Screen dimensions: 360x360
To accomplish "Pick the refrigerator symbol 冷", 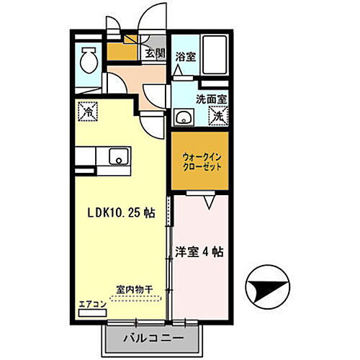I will (88, 112).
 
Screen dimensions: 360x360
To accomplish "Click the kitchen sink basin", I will (117, 156).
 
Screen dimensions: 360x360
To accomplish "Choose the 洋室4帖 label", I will (199, 253).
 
